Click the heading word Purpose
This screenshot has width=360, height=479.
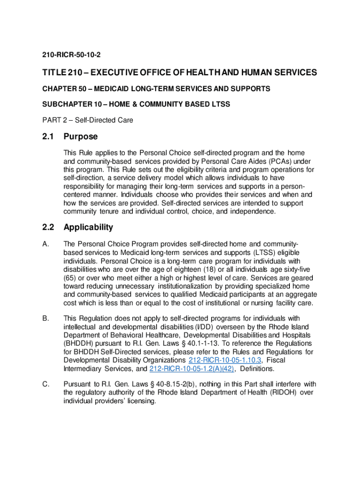81,137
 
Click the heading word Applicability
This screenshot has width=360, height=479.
88,227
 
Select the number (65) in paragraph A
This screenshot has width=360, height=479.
70,278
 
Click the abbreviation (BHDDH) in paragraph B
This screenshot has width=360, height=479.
76,343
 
